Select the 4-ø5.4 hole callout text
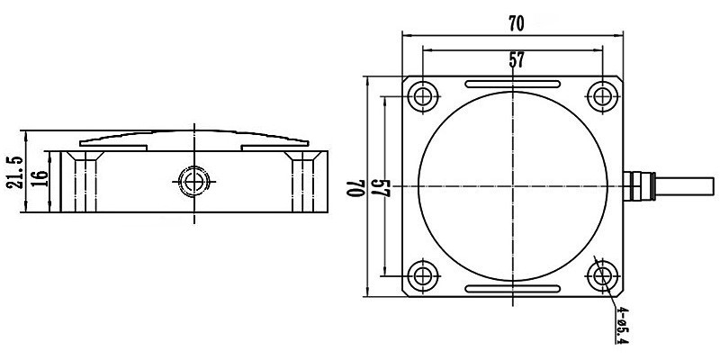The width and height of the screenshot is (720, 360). point(622,326)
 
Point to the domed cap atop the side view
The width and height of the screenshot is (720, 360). point(193,139)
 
